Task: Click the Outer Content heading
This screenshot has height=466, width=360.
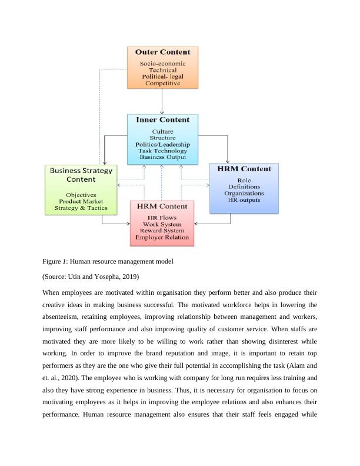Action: (162, 52)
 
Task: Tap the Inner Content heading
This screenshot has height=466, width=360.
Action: (162, 119)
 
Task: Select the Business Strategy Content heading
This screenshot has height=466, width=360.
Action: (81, 175)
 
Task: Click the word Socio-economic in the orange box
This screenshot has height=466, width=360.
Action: (162, 64)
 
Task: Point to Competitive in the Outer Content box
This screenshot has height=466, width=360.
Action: (162, 84)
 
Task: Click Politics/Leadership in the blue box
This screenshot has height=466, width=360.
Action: (162, 144)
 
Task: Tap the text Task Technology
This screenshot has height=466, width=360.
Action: (162, 151)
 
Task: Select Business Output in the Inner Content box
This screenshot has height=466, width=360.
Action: (162, 157)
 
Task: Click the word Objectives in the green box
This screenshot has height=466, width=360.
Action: (81, 195)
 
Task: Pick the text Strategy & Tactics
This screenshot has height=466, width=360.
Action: (81, 208)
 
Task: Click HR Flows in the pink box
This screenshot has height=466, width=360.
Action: (162, 218)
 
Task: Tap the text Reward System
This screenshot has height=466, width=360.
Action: (162, 231)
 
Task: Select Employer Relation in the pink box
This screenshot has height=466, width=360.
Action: (162, 238)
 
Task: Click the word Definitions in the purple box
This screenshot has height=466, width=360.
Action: (244, 187)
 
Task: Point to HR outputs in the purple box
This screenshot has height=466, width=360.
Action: (244, 200)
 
